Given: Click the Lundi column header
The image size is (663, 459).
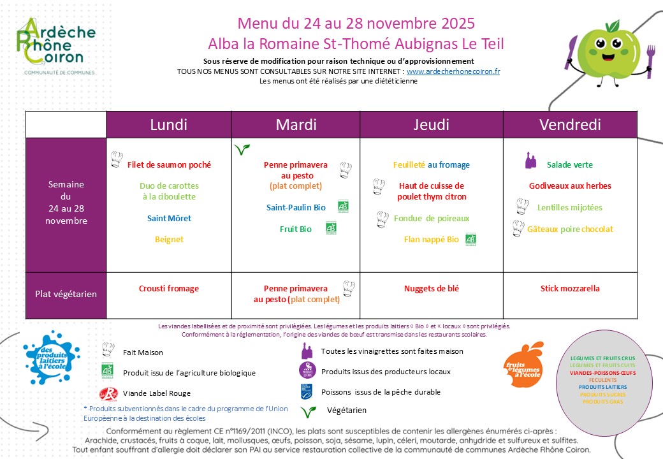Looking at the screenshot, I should point(168,125).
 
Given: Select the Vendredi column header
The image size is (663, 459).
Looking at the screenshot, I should point(570,125).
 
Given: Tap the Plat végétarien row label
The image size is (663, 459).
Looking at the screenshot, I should point(66,294).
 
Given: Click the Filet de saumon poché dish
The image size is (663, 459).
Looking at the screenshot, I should point(169,164).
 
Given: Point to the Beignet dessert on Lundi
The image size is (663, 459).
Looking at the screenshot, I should point(169,240).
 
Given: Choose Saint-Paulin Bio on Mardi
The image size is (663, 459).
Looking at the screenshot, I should point(296,207).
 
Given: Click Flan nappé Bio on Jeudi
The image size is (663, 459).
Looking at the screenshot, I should point(431,240).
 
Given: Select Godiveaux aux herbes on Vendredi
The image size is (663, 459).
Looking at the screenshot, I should point(570,186).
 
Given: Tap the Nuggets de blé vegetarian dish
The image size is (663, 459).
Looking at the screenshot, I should point(431,289).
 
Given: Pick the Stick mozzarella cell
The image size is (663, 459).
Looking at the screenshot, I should point(570,289).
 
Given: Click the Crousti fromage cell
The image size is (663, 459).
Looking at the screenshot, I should point(169,289).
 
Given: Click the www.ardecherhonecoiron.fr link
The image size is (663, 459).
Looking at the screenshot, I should point(453,71).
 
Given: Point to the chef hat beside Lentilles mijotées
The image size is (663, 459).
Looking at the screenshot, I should point(522,207).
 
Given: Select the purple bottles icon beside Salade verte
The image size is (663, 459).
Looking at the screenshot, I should point(530,160).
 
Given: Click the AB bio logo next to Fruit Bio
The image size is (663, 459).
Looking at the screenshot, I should point(331,228).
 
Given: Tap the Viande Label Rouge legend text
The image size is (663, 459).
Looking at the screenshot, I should point(156,393).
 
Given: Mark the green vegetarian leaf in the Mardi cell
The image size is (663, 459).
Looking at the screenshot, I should point(242,150).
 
